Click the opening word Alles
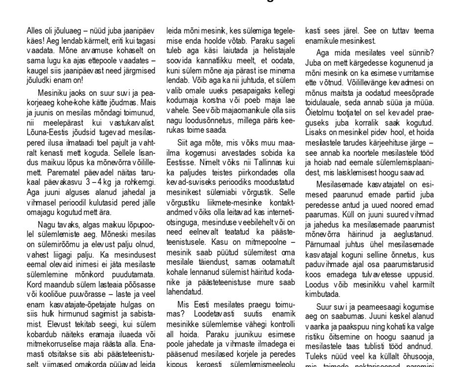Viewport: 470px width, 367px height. [35, 31]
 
